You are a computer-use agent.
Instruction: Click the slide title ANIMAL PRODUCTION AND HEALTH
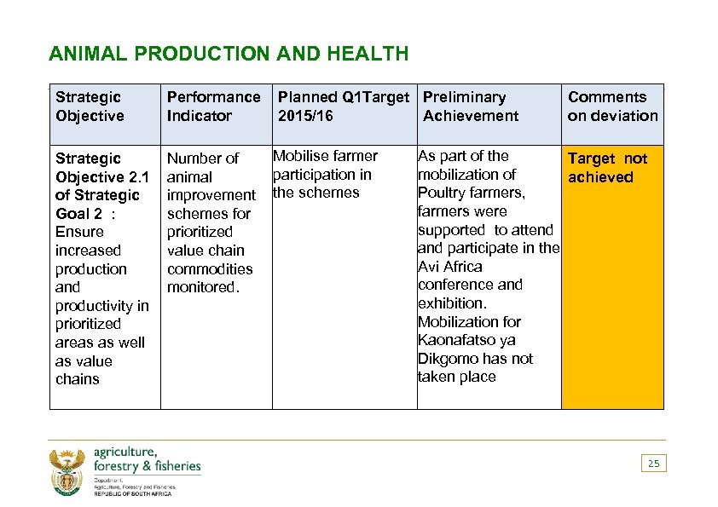[229, 55]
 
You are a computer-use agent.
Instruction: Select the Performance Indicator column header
[213, 107]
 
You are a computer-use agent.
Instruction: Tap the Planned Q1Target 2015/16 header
[344, 107]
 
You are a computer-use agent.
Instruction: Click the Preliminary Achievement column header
[471, 107]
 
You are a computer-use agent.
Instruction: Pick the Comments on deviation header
[612, 107]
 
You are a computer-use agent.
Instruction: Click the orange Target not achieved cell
[611, 273]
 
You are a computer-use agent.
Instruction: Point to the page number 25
[653, 464]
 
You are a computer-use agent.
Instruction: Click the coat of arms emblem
[69, 471]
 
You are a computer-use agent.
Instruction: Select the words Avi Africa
[449, 267]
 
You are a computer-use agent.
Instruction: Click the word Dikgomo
[446, 359]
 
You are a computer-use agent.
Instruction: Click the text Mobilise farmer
[326, 156]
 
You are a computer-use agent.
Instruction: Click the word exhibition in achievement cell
[452, 303]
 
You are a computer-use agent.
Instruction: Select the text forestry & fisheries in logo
[147, 466]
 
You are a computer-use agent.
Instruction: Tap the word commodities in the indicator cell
[210, 269]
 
